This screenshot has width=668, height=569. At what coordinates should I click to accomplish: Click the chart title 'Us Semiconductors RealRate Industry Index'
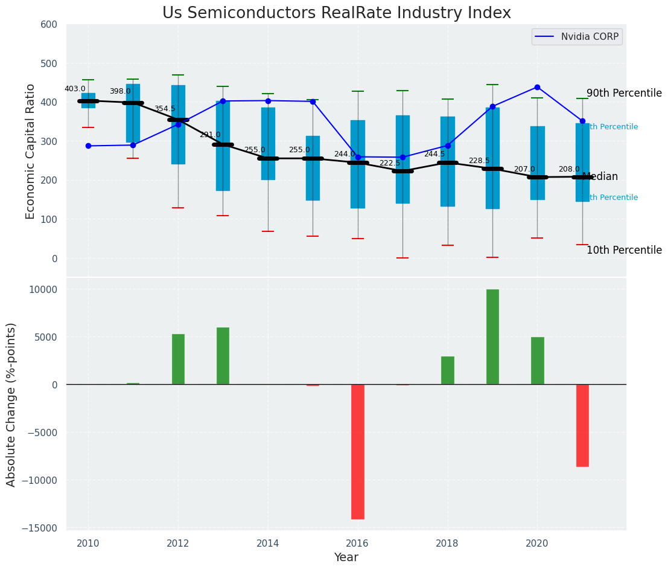point(336,13)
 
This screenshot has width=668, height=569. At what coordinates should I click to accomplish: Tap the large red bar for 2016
point(358,451)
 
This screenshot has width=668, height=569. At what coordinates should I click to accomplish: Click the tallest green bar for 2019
point(492,337)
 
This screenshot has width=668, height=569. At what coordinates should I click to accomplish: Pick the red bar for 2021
point(582,425)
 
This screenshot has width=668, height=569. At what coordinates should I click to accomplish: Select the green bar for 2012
point(178,359)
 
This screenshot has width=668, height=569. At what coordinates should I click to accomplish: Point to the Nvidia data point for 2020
point(537,87)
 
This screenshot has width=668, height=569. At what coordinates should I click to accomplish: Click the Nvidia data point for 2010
point(88,146)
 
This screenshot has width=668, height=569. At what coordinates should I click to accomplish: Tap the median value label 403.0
point(75,89)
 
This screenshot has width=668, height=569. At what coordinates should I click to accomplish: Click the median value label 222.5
point(390,163)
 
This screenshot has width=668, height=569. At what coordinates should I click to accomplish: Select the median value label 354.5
point(165,109)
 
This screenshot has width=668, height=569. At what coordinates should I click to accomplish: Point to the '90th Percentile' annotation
point(624,94)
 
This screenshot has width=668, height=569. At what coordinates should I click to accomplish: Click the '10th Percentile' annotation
point(624,251)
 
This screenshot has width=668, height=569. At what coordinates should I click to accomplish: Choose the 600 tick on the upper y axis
point(48,25)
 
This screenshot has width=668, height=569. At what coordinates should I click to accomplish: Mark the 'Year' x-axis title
point(346,558)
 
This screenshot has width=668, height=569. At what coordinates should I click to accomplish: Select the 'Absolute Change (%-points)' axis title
point(11,404)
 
